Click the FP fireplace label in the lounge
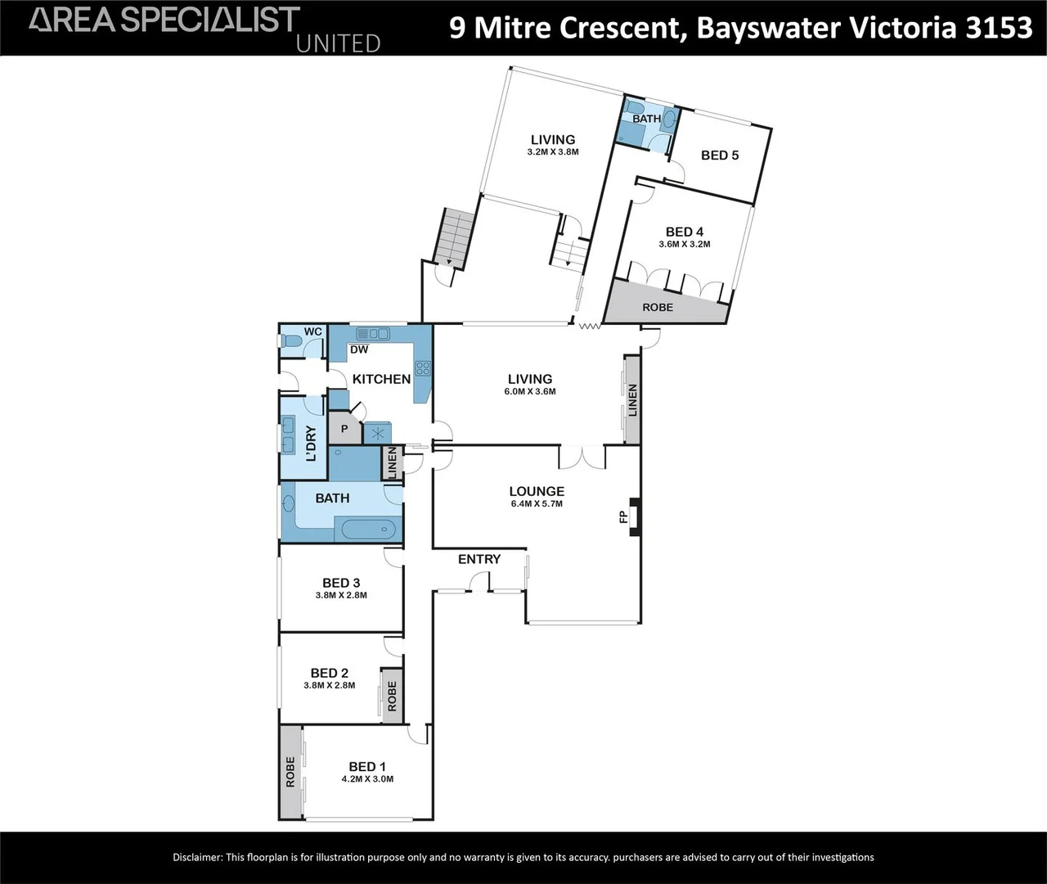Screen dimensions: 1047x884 pos(623,516)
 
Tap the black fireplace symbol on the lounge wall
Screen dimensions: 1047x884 pos(636,516)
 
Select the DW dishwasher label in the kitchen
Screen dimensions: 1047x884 pos(359,350)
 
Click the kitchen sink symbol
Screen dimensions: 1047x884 pos(372,333)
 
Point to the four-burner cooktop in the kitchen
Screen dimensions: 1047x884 pos(423,369)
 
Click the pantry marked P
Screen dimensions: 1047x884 pos(344,428)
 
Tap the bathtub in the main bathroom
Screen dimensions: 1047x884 pos(368,529)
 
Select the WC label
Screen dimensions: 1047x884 pos(313,331)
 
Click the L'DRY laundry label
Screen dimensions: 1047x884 pos(311,444)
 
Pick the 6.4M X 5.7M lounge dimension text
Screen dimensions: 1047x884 pos(537,503)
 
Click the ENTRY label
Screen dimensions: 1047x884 pos(479,559)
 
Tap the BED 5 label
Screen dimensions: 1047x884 pos(720,155)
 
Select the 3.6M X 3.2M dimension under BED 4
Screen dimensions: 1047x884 pos(685,245)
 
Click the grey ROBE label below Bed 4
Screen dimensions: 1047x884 pos(658,307)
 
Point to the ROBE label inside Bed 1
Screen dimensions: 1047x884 pos(290,772)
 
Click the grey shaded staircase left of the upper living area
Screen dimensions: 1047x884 pos(455,237)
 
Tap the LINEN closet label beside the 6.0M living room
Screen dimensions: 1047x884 pos(633,400)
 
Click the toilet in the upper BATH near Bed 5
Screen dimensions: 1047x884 pos(634,107)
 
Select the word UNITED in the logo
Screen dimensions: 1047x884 pos(338,44)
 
